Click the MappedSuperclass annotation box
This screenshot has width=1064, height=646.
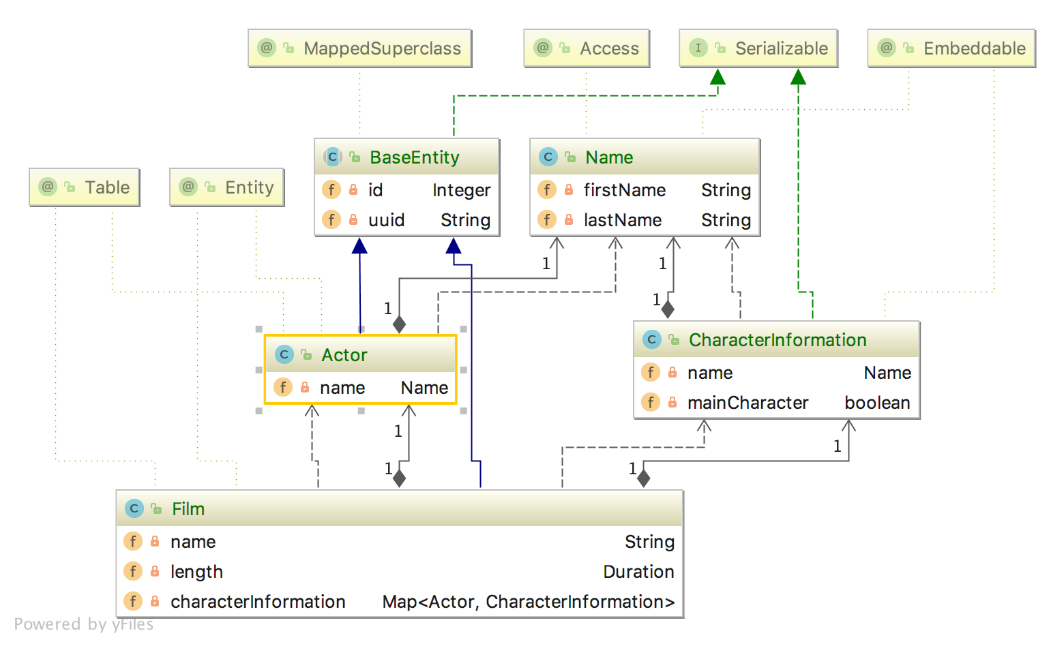(x=360, y=48)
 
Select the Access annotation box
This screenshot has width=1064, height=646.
(x=587, y=48)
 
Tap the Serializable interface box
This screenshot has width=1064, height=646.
(x=758, y=48)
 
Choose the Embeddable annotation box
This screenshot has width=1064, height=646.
(x=951, y=48)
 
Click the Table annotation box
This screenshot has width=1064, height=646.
(x=85, y=187)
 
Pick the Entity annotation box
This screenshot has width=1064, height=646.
(x=227, y=187)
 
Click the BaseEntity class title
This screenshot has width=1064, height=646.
(x=414, y=157)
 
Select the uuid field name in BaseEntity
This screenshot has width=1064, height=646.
(x=386, y=220)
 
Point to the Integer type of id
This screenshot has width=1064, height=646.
(x=461, y=190)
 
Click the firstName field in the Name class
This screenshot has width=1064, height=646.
(x=624, y=190)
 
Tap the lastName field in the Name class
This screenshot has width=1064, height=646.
(x=622, y=220)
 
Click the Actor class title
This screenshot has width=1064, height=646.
(x=344, y=355)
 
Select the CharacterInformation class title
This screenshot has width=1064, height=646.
(x=777, y=340)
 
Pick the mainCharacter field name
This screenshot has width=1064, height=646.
(x=748, y=403)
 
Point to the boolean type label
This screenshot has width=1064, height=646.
(x=877, y=403)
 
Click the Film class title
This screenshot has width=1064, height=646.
(x=188, y=509)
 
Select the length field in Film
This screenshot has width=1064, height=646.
(x=196, y=572)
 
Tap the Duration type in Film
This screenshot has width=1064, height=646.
(x=638, y=572)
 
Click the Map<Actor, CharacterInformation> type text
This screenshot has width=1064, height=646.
(x=528, y=602)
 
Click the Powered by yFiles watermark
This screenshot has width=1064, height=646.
(x=83, y=624)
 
